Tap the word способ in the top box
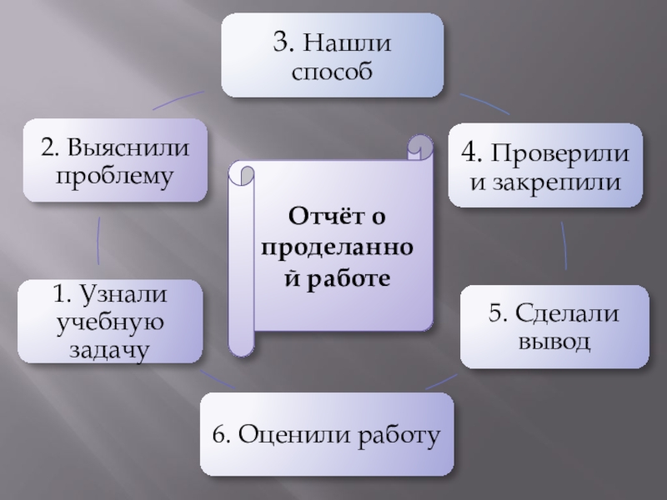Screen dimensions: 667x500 pyautogui.click(x=332, y=72)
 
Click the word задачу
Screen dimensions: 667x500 pyautogui.click(x=109, y=350)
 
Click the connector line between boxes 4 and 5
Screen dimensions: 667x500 pyautogui.click(x=564, y=246)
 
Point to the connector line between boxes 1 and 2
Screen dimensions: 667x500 pyautogui.click(x=99, y=242)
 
